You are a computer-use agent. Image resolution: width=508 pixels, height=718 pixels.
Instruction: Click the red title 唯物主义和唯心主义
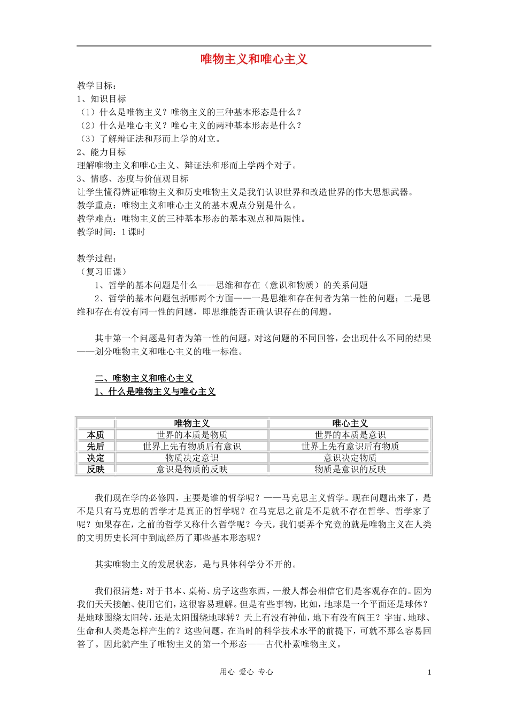point(254,59)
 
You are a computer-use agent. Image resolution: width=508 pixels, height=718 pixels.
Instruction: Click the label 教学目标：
point(97,85)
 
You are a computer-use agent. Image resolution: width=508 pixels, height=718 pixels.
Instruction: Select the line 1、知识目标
point(102,99)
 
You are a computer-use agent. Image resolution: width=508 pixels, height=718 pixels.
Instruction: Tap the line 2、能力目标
point(102,152)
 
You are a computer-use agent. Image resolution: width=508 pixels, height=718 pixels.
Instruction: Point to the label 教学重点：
point(99,205)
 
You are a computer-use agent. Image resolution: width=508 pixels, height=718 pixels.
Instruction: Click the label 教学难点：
point(99,218)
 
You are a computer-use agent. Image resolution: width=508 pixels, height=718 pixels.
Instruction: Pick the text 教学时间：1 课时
point(111,232)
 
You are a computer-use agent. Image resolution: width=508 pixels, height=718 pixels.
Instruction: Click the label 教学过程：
point(97,259)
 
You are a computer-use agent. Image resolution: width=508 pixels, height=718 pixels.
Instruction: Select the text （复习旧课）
point(102,272)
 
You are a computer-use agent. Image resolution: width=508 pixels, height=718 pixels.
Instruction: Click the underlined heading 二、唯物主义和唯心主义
point(144,378)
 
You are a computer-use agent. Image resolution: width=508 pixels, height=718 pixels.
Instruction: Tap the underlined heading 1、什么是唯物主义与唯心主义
point(155,392)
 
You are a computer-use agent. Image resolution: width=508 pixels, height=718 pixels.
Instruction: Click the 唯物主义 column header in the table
point(191,424)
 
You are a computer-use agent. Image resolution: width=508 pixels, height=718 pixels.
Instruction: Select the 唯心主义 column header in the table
point(350,424)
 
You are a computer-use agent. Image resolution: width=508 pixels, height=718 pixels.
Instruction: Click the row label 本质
point(96,435)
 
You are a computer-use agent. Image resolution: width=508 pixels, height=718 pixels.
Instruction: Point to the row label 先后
point(96,447)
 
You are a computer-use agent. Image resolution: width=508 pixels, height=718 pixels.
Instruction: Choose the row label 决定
point(96,458)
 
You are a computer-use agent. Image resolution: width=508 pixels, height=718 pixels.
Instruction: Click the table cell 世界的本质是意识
point(350,435)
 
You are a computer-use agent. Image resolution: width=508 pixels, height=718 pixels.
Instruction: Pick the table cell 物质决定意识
point(191,458)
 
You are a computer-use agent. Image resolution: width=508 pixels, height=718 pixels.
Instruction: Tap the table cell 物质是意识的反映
point(350,470)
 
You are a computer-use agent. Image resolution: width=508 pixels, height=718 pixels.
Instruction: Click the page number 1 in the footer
point(429,673)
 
